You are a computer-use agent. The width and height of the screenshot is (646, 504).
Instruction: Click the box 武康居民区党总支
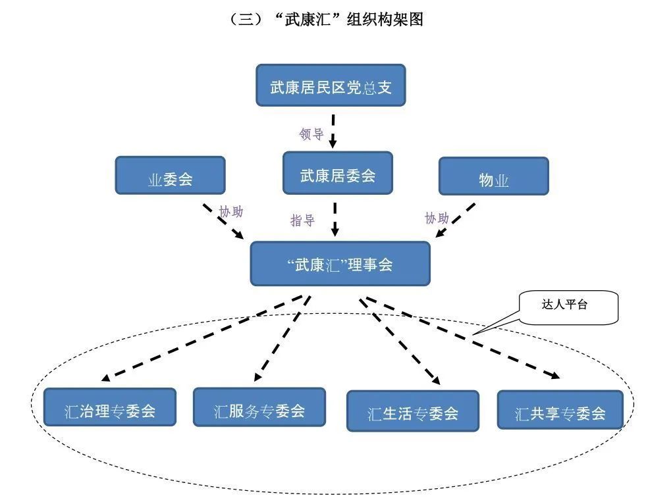coord(331,86)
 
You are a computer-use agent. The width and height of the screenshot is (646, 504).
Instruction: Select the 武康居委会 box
coord(337,174)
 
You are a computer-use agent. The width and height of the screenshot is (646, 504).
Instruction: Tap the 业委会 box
coord(170,176)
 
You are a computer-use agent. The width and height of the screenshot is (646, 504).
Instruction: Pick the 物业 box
coord(493,176)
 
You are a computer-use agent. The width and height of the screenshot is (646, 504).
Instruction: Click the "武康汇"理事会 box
coord(340,264)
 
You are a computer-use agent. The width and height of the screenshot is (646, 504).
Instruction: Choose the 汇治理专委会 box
coord(110,408)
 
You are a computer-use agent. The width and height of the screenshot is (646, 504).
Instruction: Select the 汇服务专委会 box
coord(259,407)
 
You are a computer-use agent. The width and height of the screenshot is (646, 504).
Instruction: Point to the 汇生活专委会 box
coord(412,411)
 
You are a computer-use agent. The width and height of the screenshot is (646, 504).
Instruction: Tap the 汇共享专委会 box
coord(560,411)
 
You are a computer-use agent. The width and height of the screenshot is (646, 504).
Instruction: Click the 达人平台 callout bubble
coord(569,306)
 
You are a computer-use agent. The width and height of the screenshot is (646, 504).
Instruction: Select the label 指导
coord(302,220)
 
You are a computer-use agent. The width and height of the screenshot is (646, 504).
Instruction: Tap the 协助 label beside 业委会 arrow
coord(230,212)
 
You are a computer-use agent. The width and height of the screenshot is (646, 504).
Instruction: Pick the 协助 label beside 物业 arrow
coord(437,218)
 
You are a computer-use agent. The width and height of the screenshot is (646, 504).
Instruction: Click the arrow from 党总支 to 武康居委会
coord(333,130)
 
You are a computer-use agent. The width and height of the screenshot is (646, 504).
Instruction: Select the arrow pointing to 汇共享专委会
coord(461,336)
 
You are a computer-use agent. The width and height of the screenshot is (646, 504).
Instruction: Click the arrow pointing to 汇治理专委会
coord(204,336)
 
